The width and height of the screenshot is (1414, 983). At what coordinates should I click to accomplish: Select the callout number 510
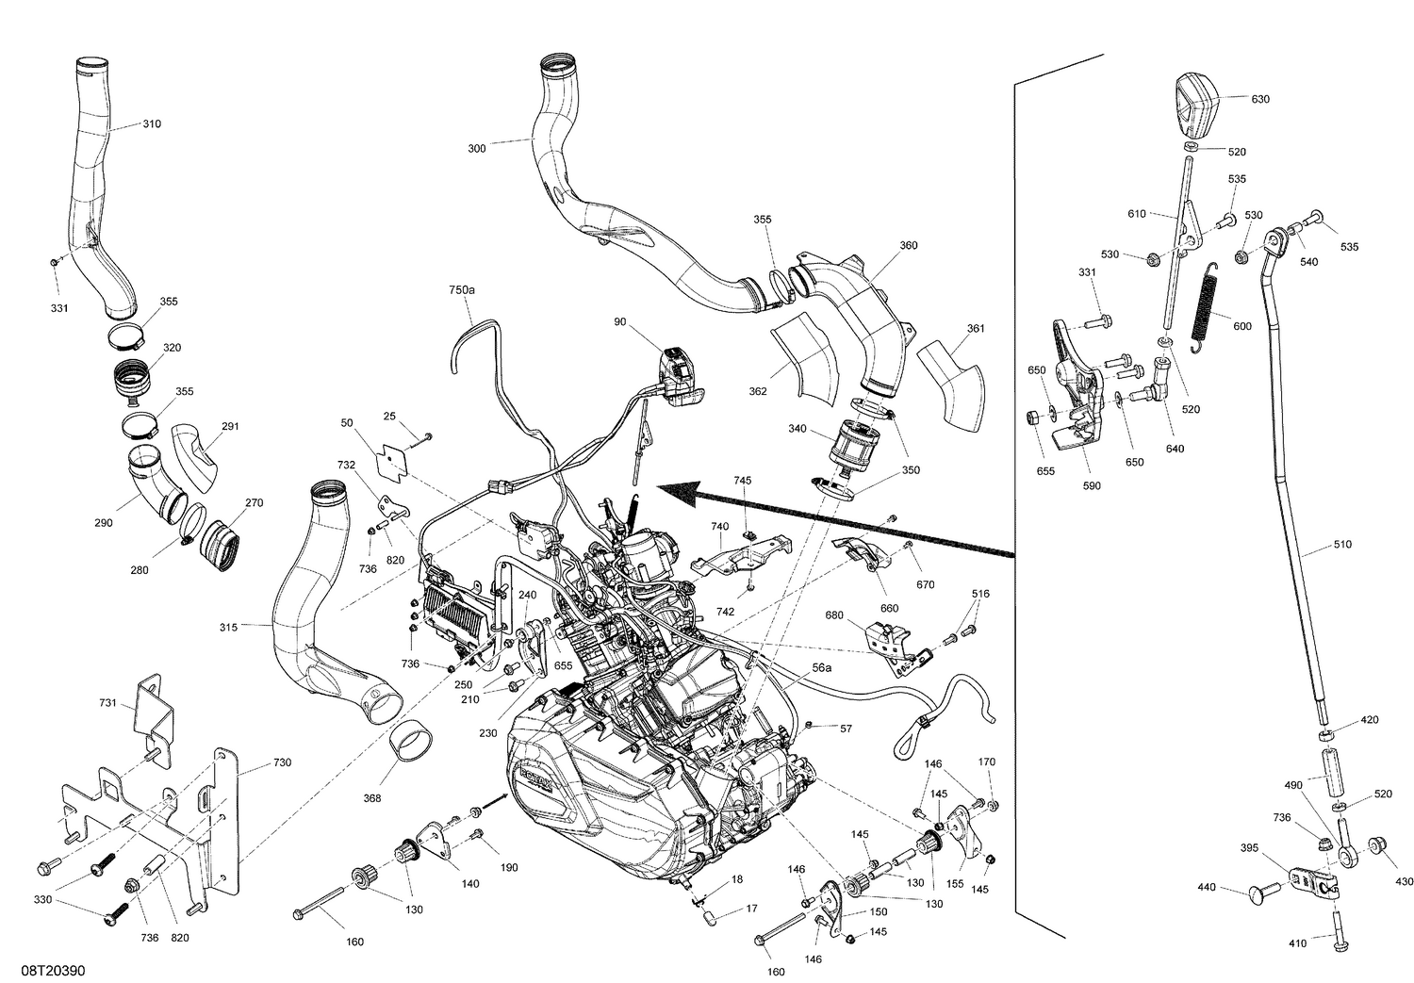(x=1341, y=545)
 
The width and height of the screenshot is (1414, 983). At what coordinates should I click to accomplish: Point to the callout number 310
(x=151, y=123)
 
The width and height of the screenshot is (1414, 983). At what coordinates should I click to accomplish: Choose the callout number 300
(x=477, y=148)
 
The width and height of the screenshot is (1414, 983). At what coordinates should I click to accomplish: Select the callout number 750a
(x=462, y=291)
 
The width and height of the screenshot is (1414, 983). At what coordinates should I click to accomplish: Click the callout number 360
(x=908, y=245)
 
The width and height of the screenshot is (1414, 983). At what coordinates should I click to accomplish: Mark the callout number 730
(x=282, y=762)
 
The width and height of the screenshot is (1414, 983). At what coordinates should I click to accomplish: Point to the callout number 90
(x=619, y=322)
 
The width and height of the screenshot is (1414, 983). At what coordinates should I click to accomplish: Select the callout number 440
(x=1207, y=887)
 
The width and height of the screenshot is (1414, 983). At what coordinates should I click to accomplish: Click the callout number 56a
(x=821, y=667)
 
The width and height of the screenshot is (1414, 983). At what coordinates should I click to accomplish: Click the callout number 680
(x=833, y=615)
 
